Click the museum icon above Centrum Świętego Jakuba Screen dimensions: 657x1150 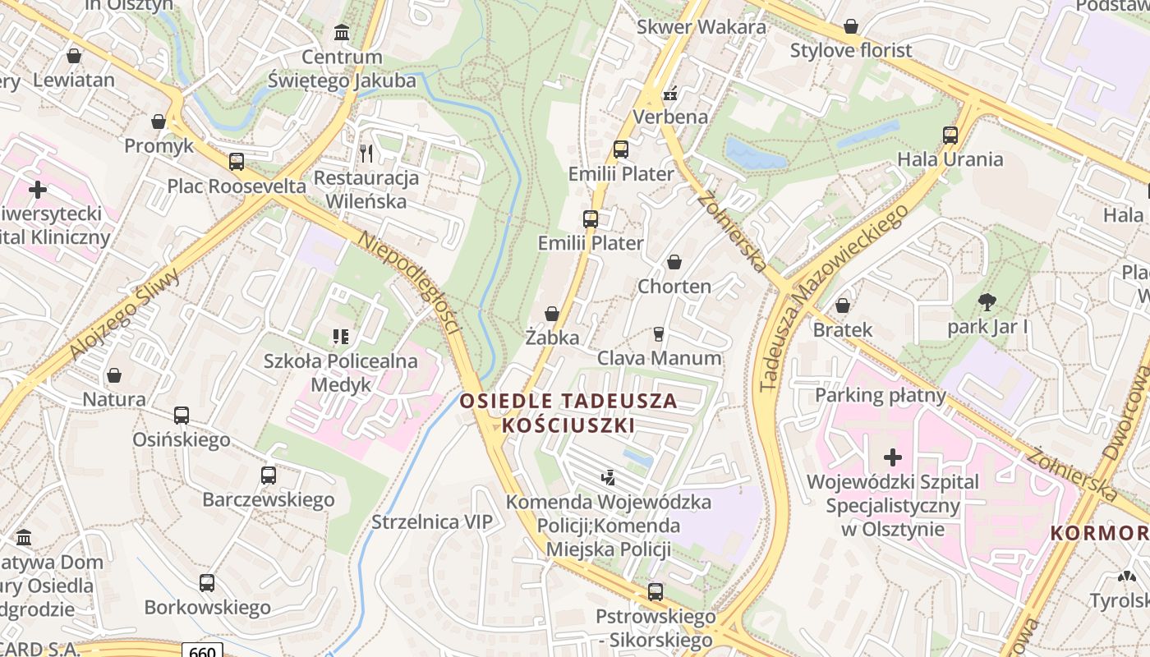(x=342, y=33)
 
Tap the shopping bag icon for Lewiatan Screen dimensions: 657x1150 (x=74, y=56)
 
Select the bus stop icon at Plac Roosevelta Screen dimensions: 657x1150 (x=237, y=162)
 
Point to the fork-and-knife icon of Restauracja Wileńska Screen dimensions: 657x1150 (x=366, y=153)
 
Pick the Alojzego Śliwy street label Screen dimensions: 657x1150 (x=126, y=315)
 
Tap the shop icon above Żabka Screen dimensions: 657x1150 (x=552, y=314)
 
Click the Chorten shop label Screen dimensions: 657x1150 (x=674, y=287)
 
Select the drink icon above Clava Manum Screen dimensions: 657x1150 (x=658, y=333)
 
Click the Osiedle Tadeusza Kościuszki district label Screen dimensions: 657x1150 (x=568, y=413)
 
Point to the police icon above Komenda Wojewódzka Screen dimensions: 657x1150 (x=609, y=476)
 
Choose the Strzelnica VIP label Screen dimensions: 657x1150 (x=432, y=522)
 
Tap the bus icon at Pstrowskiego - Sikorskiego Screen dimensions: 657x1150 (x=655, y=591)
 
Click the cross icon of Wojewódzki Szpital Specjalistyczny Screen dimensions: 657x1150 (x=893, y=457)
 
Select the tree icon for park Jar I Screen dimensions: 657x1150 (x=987, y=302)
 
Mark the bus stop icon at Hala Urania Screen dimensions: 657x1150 (x=950, y=135)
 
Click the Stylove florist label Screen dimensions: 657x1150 (x=851, y=50)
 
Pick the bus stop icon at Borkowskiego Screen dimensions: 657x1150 (x=207, y=583)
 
